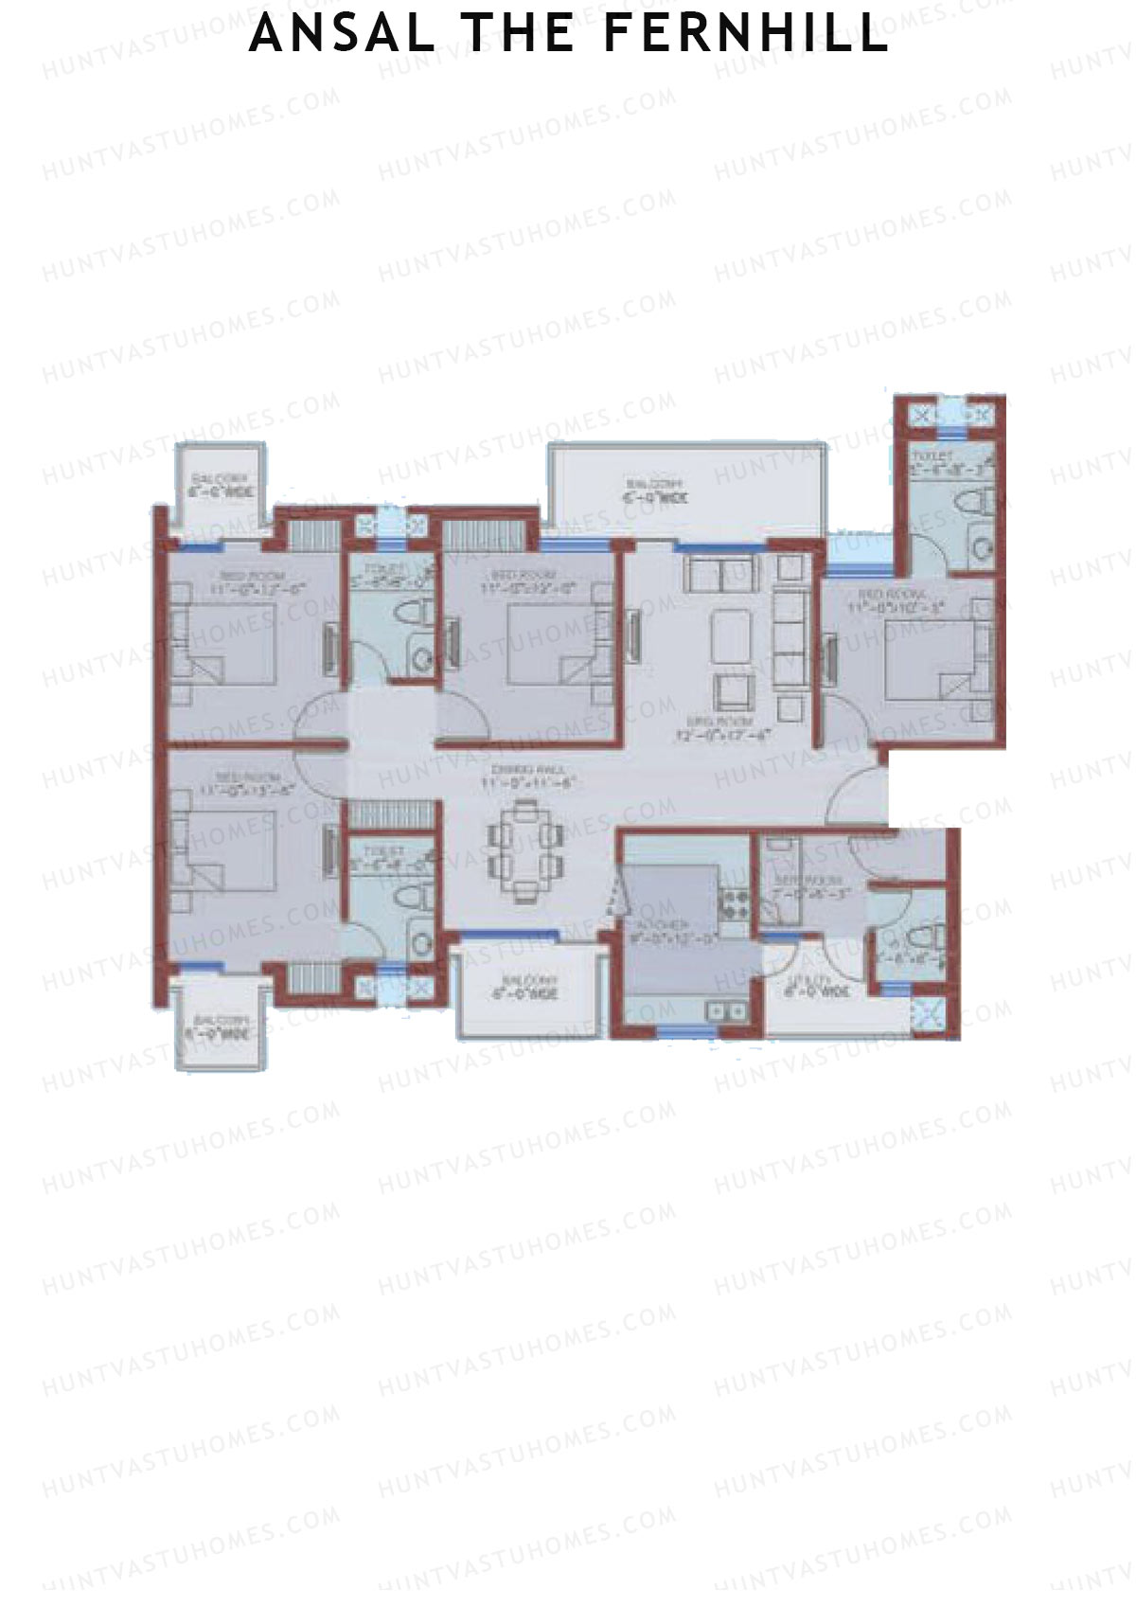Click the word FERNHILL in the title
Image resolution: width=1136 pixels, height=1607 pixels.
click(x=745, y=34)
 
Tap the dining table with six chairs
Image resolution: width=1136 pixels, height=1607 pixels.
click(x=525, y=848)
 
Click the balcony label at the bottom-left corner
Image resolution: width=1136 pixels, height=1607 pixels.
click(x=220, y=1027)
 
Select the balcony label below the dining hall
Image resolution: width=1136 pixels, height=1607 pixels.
click(x=524, y=988)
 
